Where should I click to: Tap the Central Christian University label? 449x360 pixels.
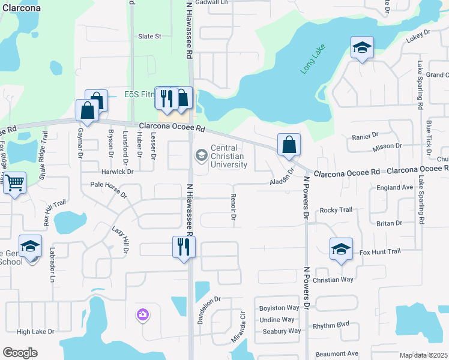pyautogui.click(x=229, y=157)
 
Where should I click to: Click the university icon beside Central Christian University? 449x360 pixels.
pyautogui.click(x=201, y=155)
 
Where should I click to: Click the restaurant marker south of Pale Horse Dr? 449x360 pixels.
pyautogui.click(x=184, y=247)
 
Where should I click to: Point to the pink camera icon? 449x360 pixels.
pyautogui.click(x=142, y=314)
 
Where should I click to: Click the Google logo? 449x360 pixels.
pyautogui.click(x=20, y=353)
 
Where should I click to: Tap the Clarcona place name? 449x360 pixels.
pyautogui.click(x=21, y=8)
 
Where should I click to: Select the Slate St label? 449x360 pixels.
pyautogui.click(x=150, y=36)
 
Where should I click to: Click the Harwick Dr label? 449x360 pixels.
pyautogui.click(x=116, y=171)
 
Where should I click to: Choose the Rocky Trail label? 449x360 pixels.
pyautogui.click(x=336, y=210)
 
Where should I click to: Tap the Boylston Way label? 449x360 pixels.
pyautogui.click(x=279, y=308)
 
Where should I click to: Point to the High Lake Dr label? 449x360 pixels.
pyautogui.click(x=35, y=331)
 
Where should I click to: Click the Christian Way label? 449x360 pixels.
pyautogui.click(x=333, y=280)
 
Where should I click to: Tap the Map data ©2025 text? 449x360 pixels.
pyautogui.click(x=423, y=355)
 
